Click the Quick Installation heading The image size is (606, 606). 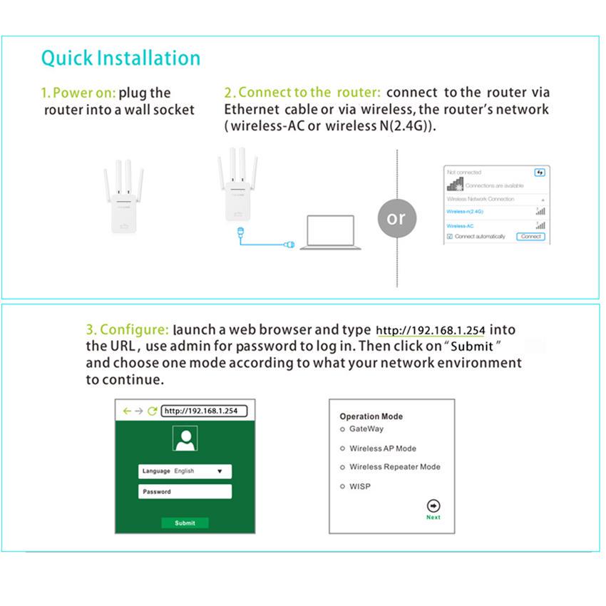coord(120,58)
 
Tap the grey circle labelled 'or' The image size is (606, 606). coord(396,218)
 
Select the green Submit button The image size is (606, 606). coord(185,523)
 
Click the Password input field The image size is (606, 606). coord(185,492)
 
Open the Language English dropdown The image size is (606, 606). coord(185,471)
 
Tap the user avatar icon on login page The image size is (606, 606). coord(185,439)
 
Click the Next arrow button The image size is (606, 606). coord(433,505)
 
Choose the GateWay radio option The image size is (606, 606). coord(343,429)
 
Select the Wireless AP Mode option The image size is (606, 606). coord(343,449)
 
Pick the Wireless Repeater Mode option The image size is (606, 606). coord(343,468)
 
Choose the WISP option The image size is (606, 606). coord(343,487)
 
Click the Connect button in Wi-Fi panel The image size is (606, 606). coord(531,236)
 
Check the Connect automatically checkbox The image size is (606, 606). coord(450,236)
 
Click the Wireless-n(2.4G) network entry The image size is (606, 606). coord(465,212)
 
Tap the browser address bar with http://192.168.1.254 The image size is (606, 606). coord(204,411)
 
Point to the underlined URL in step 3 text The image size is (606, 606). coord(430,331)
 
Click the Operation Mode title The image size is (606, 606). coord(371,416)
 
